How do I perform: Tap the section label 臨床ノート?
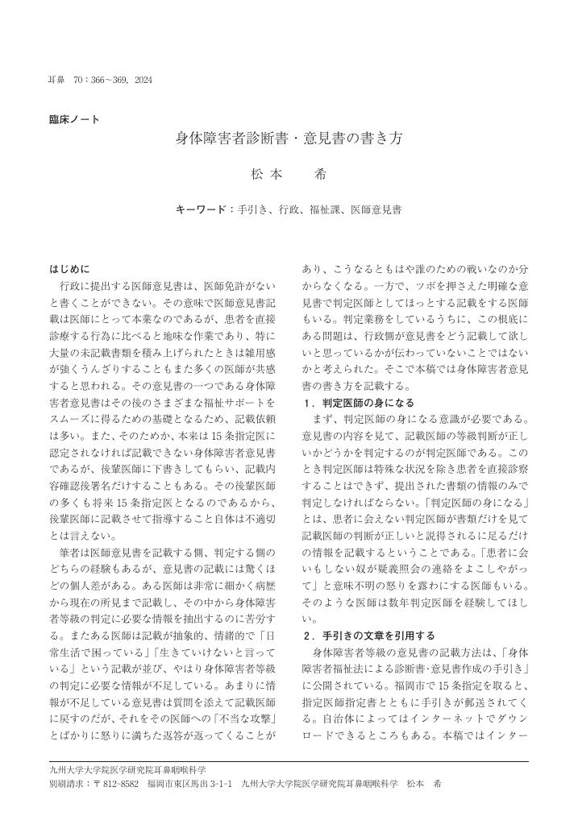click(75, 120)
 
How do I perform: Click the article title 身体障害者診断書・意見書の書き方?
click(289, 138)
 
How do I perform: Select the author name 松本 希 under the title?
click(289, 172)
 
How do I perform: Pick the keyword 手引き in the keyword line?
click(253, 209)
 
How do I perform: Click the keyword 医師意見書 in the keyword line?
click(376, 209)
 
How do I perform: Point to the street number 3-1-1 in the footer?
click(220, 783)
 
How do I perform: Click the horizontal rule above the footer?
click(289, 761)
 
